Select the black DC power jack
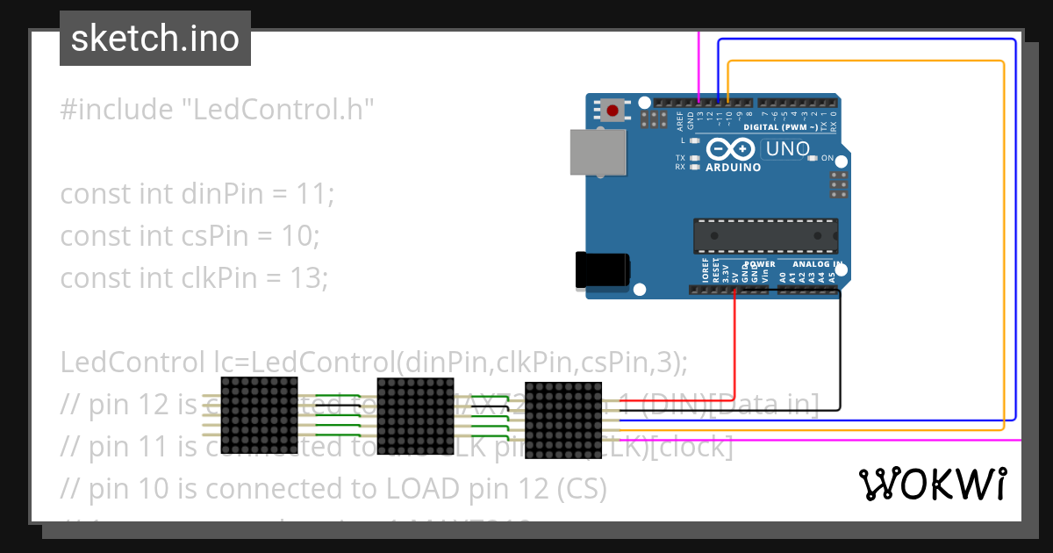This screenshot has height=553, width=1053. coord(602,269)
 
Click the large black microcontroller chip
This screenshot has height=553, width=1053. coord(765,234)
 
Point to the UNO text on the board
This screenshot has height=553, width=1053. coord(787,149)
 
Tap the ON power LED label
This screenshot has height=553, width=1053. coord(827,158)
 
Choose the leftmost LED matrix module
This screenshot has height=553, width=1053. coord(259,414)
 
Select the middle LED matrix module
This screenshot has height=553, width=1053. coord(415,414)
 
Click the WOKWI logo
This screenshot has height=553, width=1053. coord(932,484)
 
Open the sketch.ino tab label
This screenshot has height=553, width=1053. coord(155,39)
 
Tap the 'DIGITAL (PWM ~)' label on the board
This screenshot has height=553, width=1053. coord(780,127)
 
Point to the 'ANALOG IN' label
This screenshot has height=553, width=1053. coord(817,263)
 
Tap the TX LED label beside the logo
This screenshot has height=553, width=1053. coord(680,158)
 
